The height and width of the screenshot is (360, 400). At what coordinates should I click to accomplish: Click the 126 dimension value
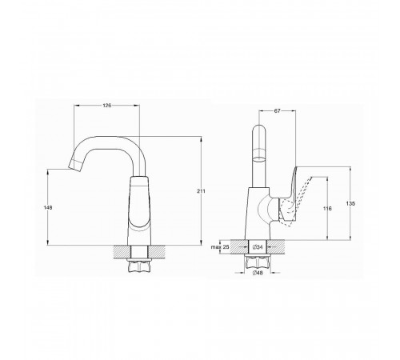(x=106, y=106)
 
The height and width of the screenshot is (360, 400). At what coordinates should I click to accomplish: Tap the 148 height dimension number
(x=48, y=207)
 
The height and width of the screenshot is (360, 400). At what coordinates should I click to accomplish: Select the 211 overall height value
(x=202, y=191)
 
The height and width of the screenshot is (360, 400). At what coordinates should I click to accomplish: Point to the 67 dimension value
(x=278, y=111)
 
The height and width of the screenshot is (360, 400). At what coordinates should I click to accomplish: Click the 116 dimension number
(x=327, y=209)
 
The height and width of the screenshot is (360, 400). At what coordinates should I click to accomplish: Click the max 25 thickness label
(x=220, y=247)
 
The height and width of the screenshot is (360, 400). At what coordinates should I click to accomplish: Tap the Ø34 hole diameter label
(x=258, y=247)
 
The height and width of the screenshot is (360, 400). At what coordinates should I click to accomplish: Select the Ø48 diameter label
(x=258, y=273)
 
